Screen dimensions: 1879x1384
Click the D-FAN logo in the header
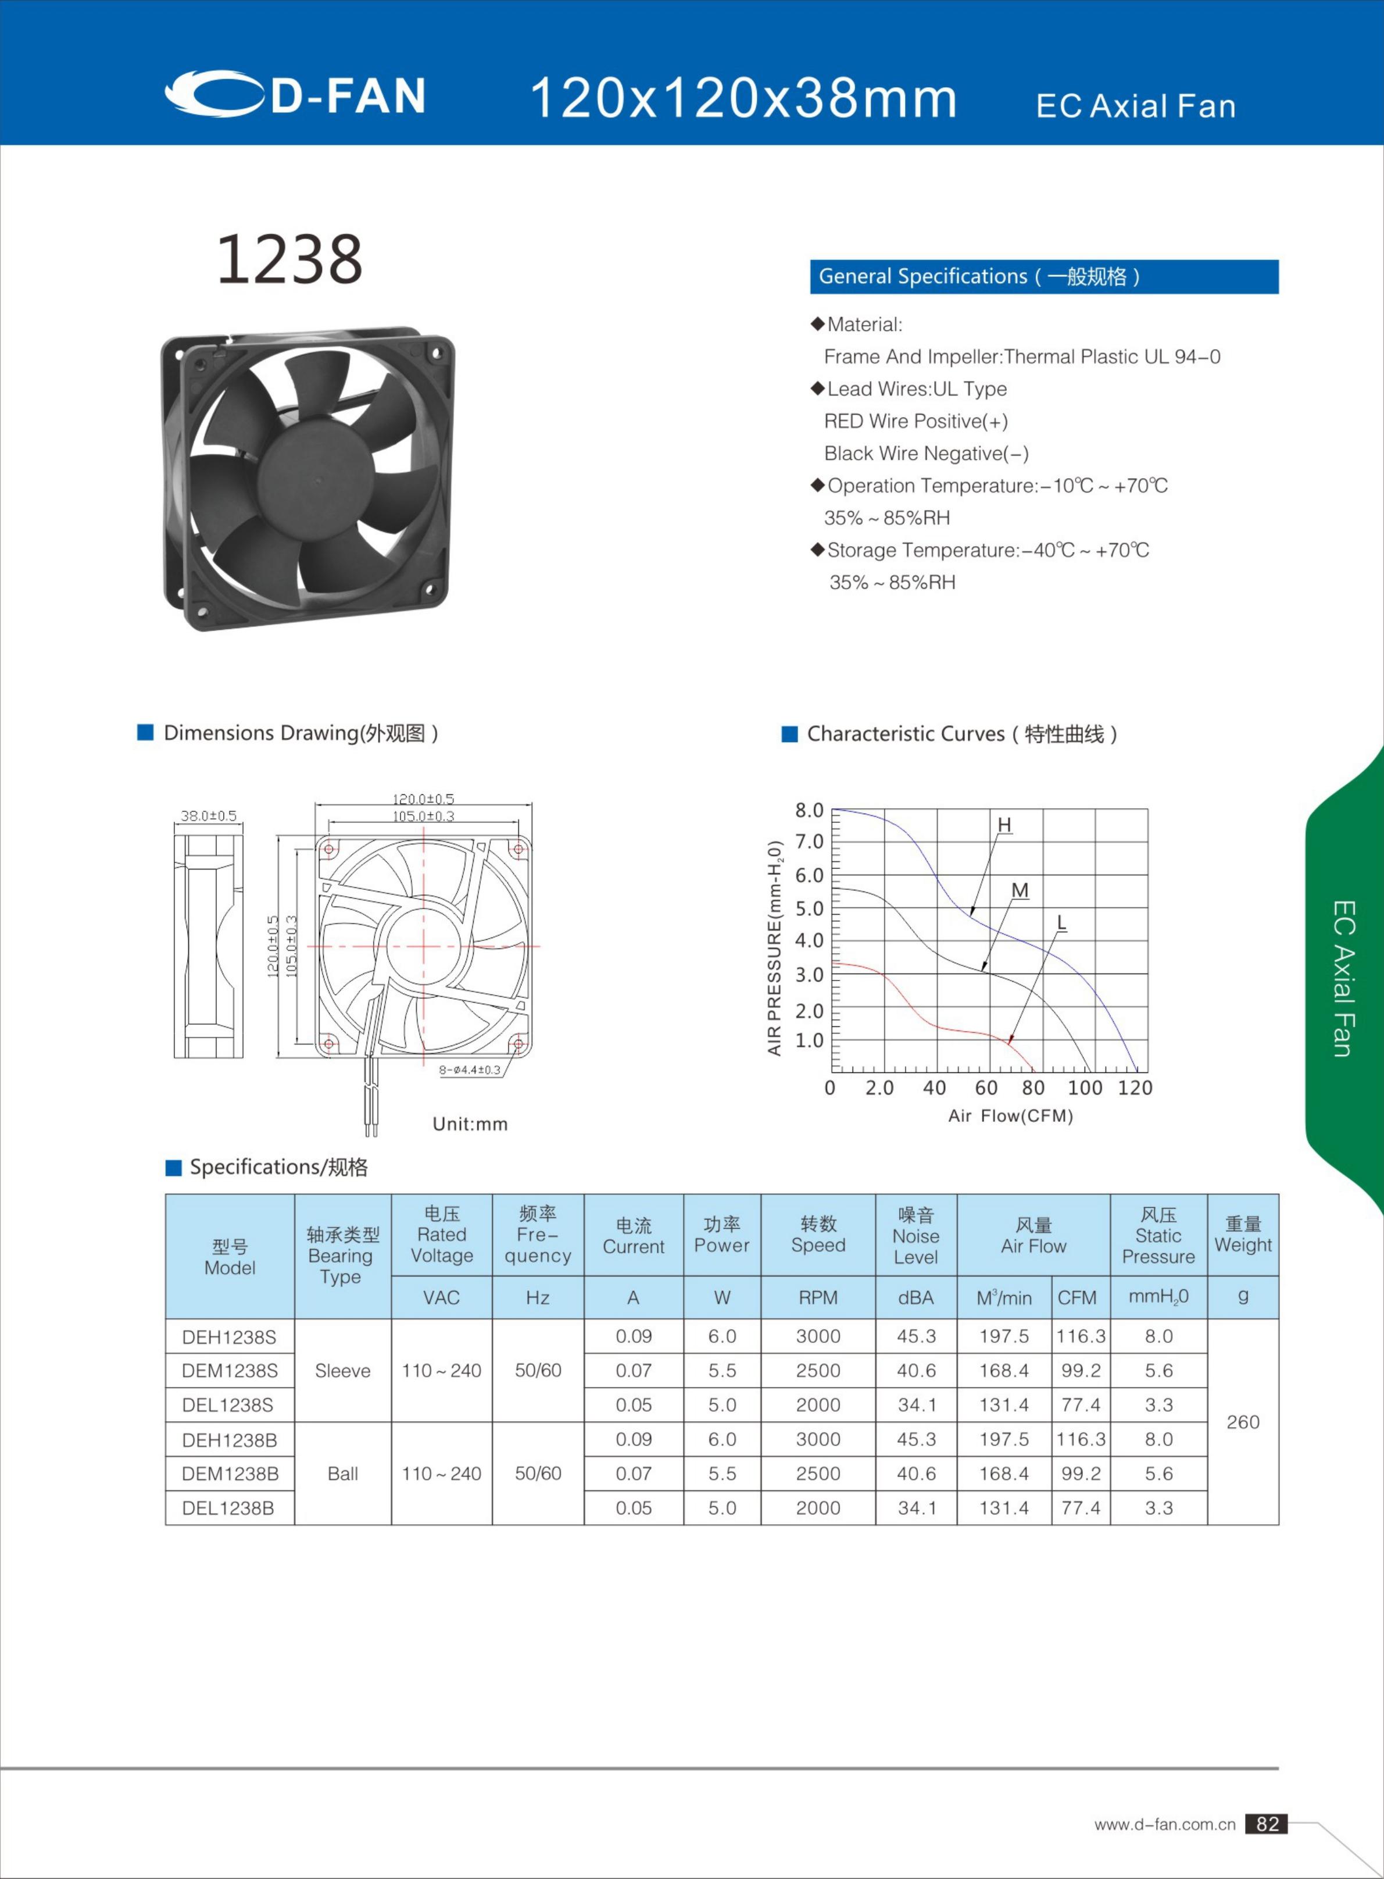(295, 94)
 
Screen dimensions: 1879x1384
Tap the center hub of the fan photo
(317, 479)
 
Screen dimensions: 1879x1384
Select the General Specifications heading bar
(1043, 277)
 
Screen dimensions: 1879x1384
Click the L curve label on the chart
(1061, 923)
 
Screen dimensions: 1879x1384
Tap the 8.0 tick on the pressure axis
(809, 811)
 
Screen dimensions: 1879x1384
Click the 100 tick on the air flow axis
(1085, 1088)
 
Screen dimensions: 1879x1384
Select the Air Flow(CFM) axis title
(1010, 1115)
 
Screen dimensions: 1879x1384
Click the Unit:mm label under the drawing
(470, 1124)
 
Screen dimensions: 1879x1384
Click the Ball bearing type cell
(342, 1473)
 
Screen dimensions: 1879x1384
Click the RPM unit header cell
(818, 1297)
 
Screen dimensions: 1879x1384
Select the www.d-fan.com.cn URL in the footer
(1164, 1824)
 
